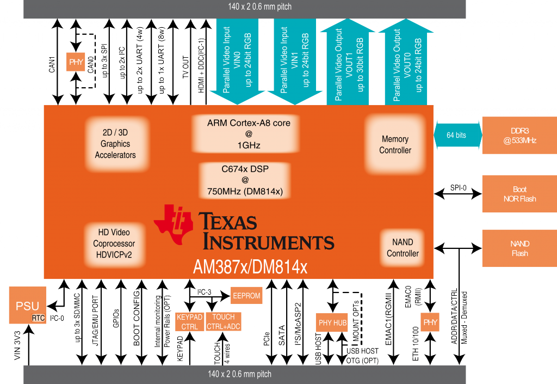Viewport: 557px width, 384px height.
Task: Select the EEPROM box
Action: point(246,295)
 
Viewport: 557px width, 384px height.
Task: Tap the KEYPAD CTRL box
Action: point(190,321)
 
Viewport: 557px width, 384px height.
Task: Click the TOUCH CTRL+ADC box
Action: point(224,321)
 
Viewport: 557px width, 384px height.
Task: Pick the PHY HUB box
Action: point(332,322)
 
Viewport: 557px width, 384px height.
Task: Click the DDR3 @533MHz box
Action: point(519,135)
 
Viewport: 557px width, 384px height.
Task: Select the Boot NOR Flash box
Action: point(519,194)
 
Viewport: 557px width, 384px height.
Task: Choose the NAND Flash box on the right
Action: point(519,248)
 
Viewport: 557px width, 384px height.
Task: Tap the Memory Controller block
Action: point(395,144)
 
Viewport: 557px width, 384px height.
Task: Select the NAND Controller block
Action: point(403,247)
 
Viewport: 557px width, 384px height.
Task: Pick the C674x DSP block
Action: point(249,180)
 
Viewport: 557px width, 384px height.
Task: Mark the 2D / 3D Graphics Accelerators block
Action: point(115,144)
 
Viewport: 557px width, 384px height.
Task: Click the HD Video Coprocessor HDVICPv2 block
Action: point(114,243)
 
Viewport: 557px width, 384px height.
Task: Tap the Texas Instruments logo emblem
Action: point(174,223)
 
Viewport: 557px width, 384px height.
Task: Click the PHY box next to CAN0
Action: point(76,62)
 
